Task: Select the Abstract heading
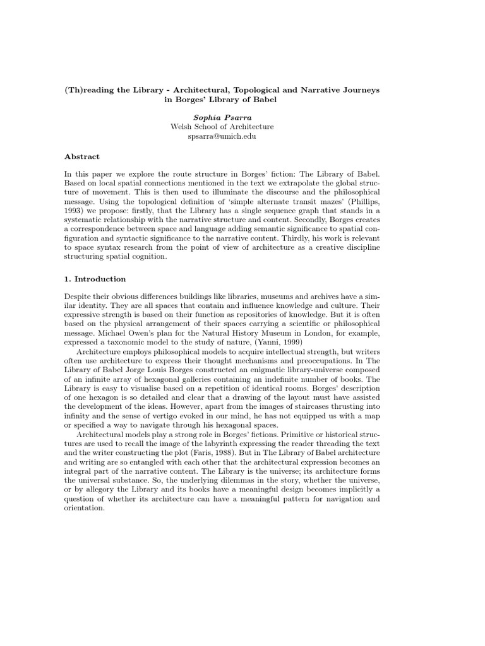click(x=82, y=156)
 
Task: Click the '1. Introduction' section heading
click(x=95, y=279)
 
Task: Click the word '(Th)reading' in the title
click(x=89, y=90)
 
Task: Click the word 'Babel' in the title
click(x=263, y=100)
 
